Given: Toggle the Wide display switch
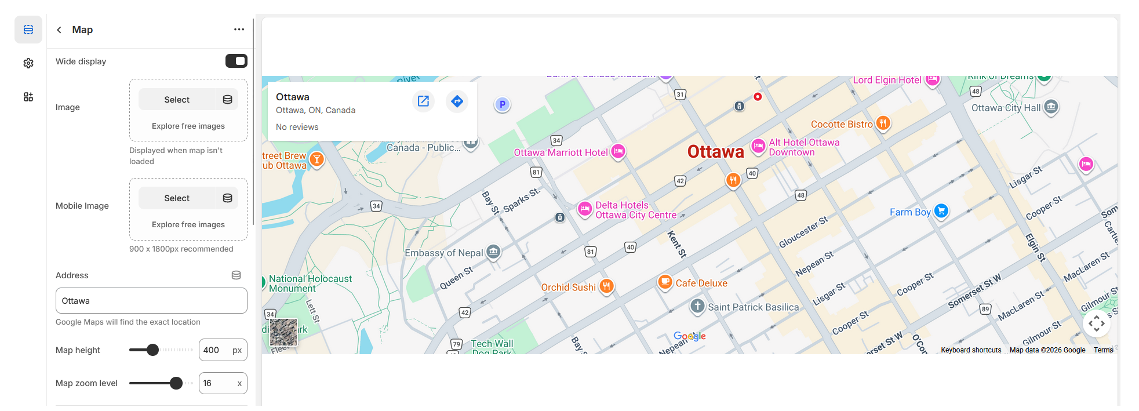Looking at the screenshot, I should click(236, 61).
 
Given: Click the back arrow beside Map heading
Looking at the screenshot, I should click(59, 30).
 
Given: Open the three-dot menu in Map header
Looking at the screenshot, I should click(239, 30).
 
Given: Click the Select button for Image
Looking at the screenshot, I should click(177, 100).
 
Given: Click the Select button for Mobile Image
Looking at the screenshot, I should click(177, 198).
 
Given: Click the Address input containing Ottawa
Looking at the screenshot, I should click(151, 301).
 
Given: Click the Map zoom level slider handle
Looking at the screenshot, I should click(176, 383).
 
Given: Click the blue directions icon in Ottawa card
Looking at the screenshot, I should click(457, 101).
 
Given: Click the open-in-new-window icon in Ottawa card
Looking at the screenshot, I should click(424, 101).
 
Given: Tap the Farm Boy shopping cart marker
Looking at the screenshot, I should click(941, 211).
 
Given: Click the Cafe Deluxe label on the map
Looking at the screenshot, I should click(701, 283).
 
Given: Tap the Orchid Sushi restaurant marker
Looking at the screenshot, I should click(606, 286).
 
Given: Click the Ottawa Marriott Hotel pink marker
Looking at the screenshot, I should click(618, 151).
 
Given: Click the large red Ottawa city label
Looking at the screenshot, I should click(715, 152).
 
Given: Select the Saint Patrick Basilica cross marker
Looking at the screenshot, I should click(697, 306).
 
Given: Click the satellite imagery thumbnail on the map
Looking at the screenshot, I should click(283, 332).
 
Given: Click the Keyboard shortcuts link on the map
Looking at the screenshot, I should click(971, 350).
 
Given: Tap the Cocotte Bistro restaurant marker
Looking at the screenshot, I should click(883, 123).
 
